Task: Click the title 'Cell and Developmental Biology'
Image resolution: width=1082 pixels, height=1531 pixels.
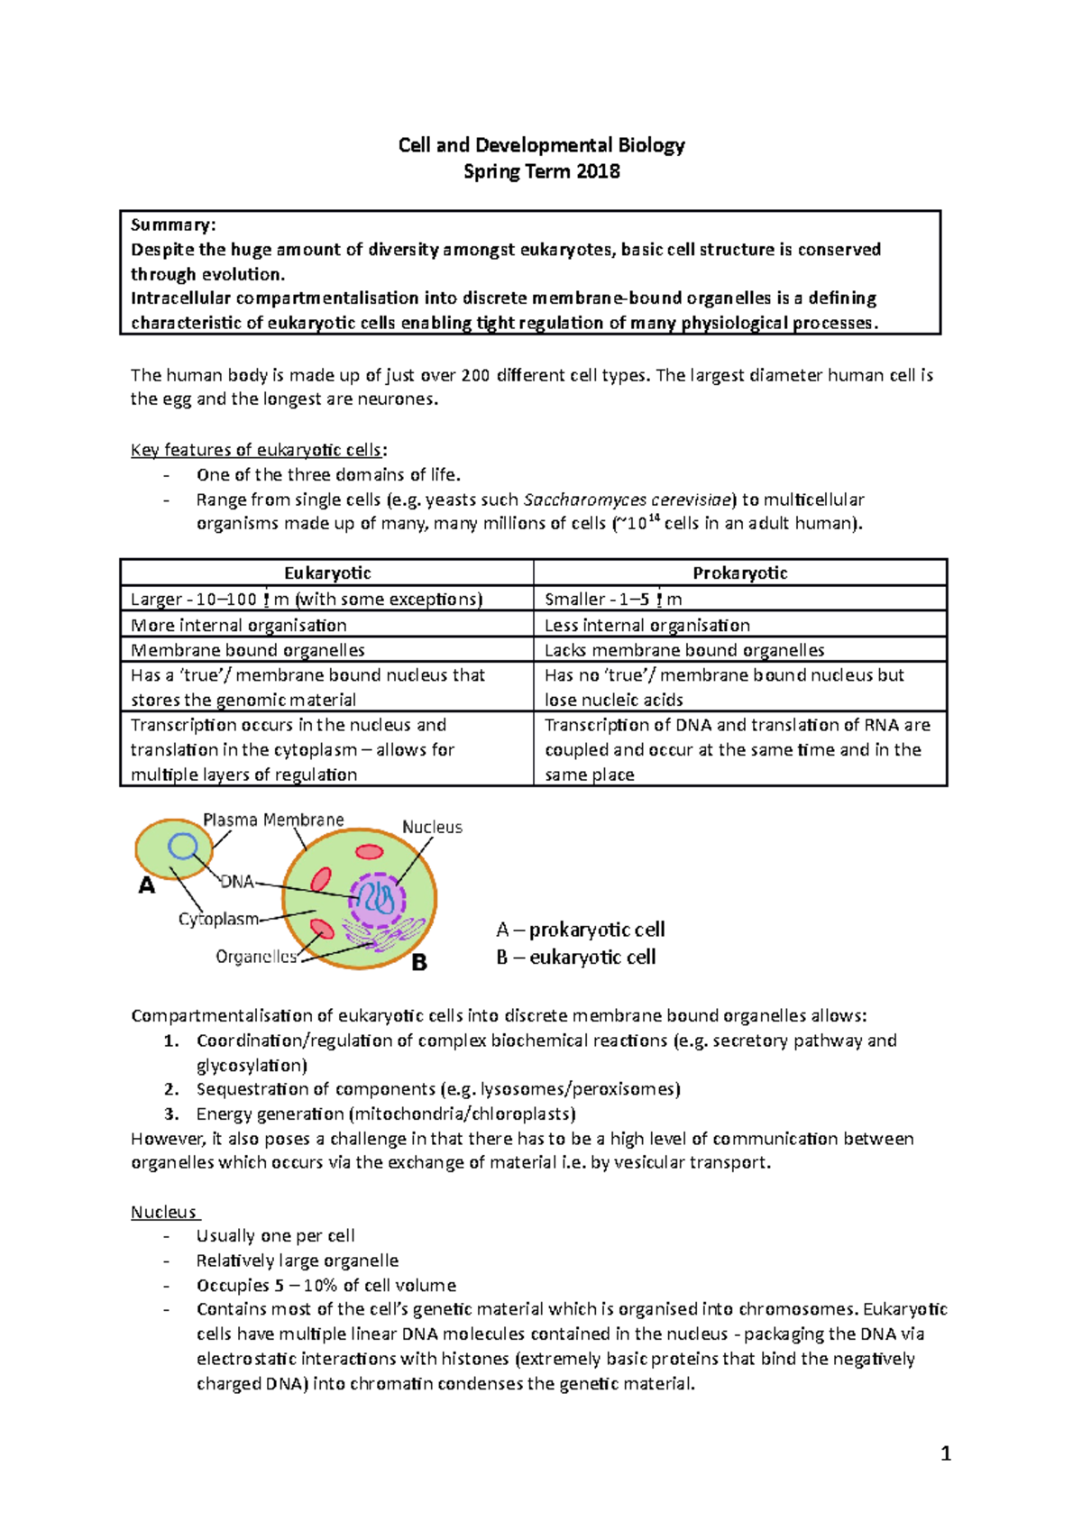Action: (541, 145)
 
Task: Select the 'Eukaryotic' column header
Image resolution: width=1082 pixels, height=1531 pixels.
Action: (327, 573)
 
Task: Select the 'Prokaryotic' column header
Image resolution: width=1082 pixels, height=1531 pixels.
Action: (739, 573)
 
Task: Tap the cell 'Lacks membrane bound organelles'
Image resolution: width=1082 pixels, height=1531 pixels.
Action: (684, 650)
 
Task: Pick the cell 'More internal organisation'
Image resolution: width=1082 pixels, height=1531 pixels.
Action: (238, 625)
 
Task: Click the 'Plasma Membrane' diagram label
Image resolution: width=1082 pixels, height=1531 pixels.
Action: (273, 820)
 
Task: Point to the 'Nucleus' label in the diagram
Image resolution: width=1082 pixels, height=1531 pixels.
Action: (432, 827)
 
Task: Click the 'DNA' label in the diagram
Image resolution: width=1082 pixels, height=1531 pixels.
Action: (237, 882)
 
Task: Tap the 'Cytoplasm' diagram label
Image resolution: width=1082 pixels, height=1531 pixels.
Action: (218, 919)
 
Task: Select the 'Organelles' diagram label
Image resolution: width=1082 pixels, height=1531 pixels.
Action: (256, 957)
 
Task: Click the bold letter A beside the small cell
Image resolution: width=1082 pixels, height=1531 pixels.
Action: (146, 886)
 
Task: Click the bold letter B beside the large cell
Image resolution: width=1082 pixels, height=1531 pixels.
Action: (419, 963)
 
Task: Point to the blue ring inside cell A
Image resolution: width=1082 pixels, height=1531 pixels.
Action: (183, 846)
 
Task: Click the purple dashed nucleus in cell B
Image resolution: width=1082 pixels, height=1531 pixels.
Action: (377, 900)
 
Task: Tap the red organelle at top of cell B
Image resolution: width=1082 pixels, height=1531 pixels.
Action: (369, 852)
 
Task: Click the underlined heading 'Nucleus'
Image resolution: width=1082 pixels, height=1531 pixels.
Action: (163, 1212)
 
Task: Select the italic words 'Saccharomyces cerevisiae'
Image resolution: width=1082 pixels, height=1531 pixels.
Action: (629, 500)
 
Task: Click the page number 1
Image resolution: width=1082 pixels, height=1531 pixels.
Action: (945, 1453)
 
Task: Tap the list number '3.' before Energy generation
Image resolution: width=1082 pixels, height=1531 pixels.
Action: (171, 1114)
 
